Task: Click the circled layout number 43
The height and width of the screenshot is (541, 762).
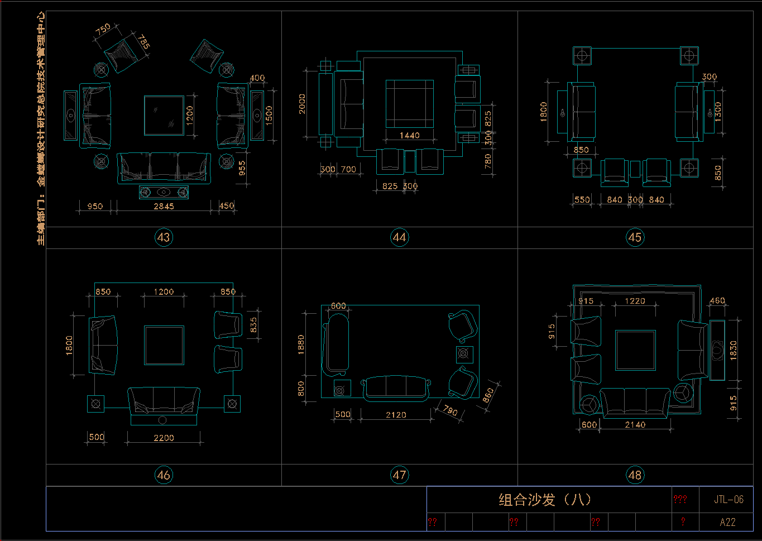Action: click(x=164, y=237)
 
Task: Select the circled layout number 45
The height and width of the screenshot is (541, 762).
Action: click(x=635, y=237)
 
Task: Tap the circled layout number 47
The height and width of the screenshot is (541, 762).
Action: click(x=399, y=475)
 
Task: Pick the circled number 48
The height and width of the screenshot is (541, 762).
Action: click(x=635, y=475)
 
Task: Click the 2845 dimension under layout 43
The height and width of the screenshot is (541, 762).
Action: click(x=164, y=206)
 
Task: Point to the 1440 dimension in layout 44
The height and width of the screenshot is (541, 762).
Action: click(x=409, y=135)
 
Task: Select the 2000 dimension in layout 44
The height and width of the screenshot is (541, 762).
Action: click(x=302, y=104)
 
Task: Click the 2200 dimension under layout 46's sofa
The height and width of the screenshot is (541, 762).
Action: click(x=164, y=438)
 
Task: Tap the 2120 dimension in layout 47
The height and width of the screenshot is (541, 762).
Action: click(x=396, y=415)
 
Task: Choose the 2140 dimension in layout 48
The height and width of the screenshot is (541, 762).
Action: click(x=635, y=425)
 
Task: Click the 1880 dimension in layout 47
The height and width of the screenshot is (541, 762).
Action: click(x=301, y=345)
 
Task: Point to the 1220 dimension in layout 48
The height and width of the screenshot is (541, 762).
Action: click(x=635, y=301)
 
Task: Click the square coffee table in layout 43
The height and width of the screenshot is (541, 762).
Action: click(x=164, y=116)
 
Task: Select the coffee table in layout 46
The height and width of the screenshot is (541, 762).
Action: click(x=164, y=345)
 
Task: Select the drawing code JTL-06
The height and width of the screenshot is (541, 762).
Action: click(x=729, y=500)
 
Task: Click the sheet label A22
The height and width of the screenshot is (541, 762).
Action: click(x=727, y=523)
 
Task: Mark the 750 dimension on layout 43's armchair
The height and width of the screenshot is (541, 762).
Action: click(x=103, y=30)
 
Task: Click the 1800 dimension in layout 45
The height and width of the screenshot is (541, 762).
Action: click(x=544, y=112)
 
